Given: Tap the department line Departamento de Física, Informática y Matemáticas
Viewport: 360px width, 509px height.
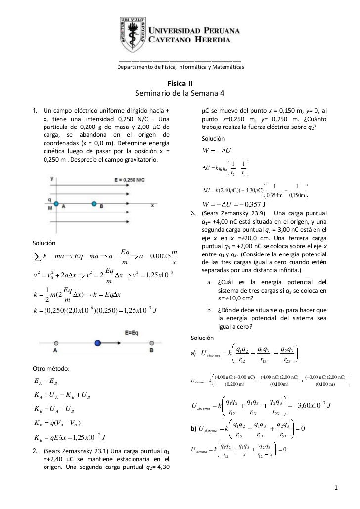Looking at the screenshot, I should coord(180,67).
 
